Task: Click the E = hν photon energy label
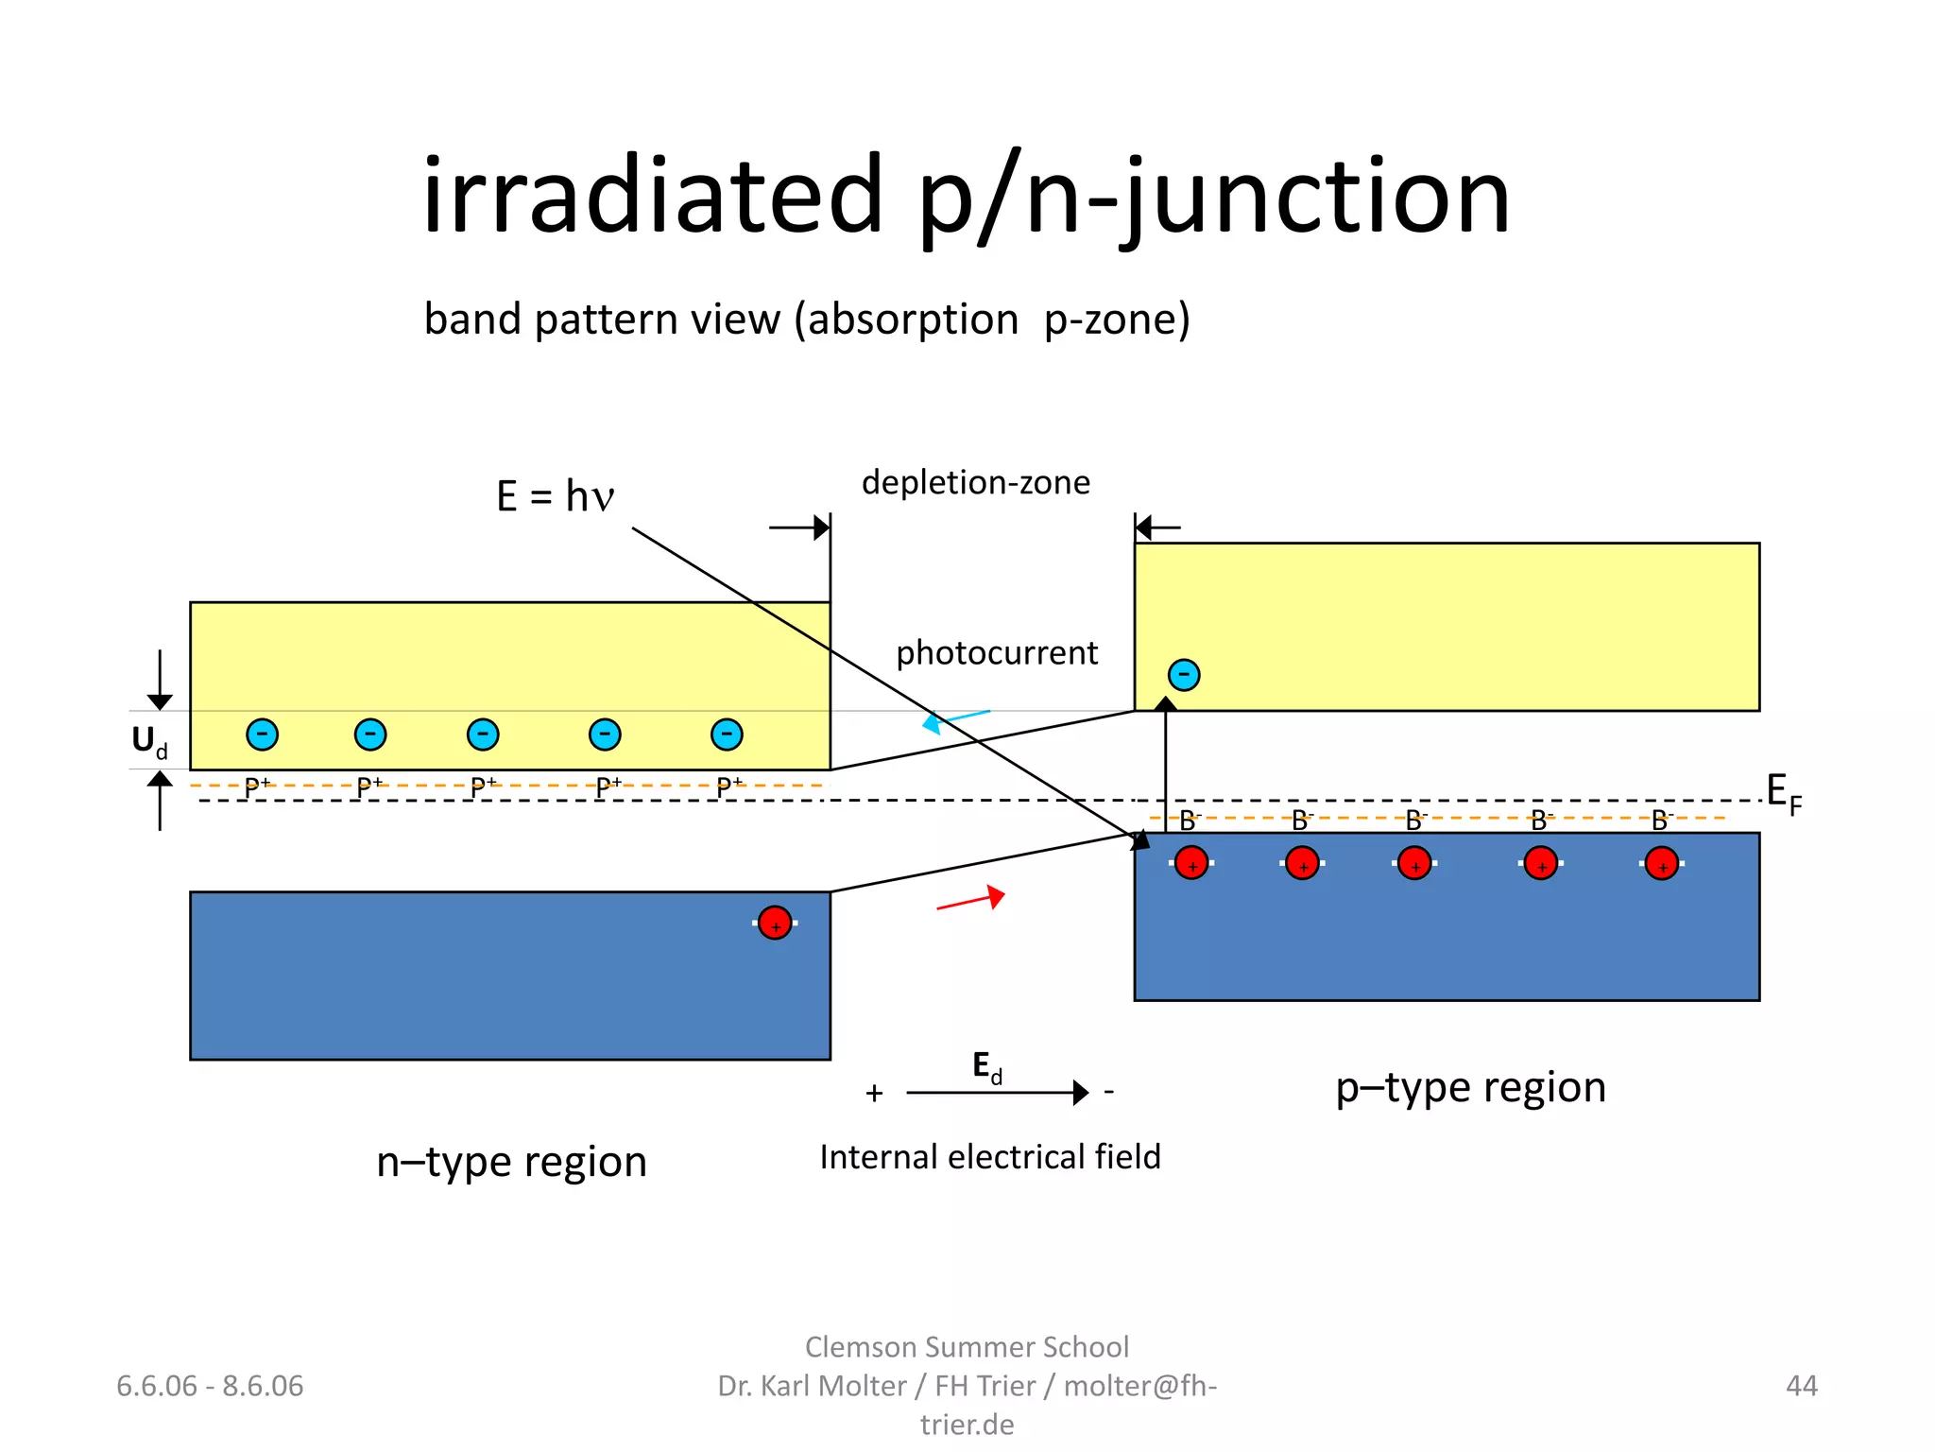pos(556,496)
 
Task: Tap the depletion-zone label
pos(975,482)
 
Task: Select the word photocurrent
pos(996,652)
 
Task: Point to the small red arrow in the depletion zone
pos(971,899)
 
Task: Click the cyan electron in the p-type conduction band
pos(1184,675)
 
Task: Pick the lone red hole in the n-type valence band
pos(775,923)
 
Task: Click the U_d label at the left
pos(149,741)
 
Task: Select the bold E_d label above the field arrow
pos(987,1067)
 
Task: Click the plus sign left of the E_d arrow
pos(874,1094)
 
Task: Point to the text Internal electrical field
pos(989,1157)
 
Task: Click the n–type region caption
pos(511,1162)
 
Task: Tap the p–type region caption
pos(1470,1087)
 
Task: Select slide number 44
pos(1801,1386)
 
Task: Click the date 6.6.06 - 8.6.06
pos(210,1386)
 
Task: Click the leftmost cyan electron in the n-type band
pos(262,735)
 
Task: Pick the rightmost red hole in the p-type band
pos(1661,863)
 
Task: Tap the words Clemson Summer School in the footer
pos(967,1346)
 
